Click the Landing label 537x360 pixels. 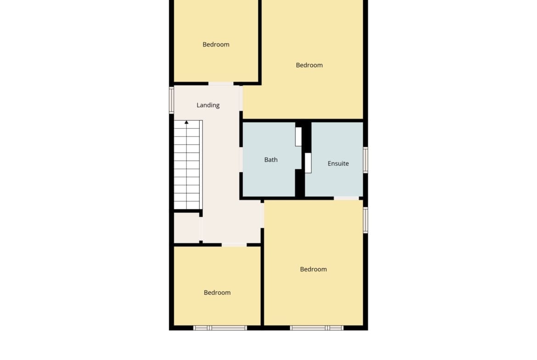click(208, 105)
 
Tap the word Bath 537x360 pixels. click(271, 160)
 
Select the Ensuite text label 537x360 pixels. click(338, 164)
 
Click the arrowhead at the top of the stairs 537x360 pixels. click(186, 122)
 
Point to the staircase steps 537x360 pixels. click(187, 165)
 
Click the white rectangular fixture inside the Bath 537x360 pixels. click(298, 137)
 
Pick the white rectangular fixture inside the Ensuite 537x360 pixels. click(308, 163)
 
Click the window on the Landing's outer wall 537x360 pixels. click(172, 100)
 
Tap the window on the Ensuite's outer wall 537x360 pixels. click(365, 160)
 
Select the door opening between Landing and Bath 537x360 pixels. click(241, 160)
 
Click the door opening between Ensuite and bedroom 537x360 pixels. click(346, 198)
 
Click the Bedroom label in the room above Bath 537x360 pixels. click(309, 65)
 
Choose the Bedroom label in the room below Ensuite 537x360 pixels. click(313, 269)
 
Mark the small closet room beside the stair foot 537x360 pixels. click(187, 227)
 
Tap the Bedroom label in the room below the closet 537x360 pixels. click(217, 293)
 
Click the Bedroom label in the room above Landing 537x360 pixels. click(216, 44)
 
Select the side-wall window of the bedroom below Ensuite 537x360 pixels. click(365, 220)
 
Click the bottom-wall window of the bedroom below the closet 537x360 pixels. click(220, 328)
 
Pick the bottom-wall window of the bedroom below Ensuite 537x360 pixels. click(317, 328)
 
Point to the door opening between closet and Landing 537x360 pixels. click(201, 228)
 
